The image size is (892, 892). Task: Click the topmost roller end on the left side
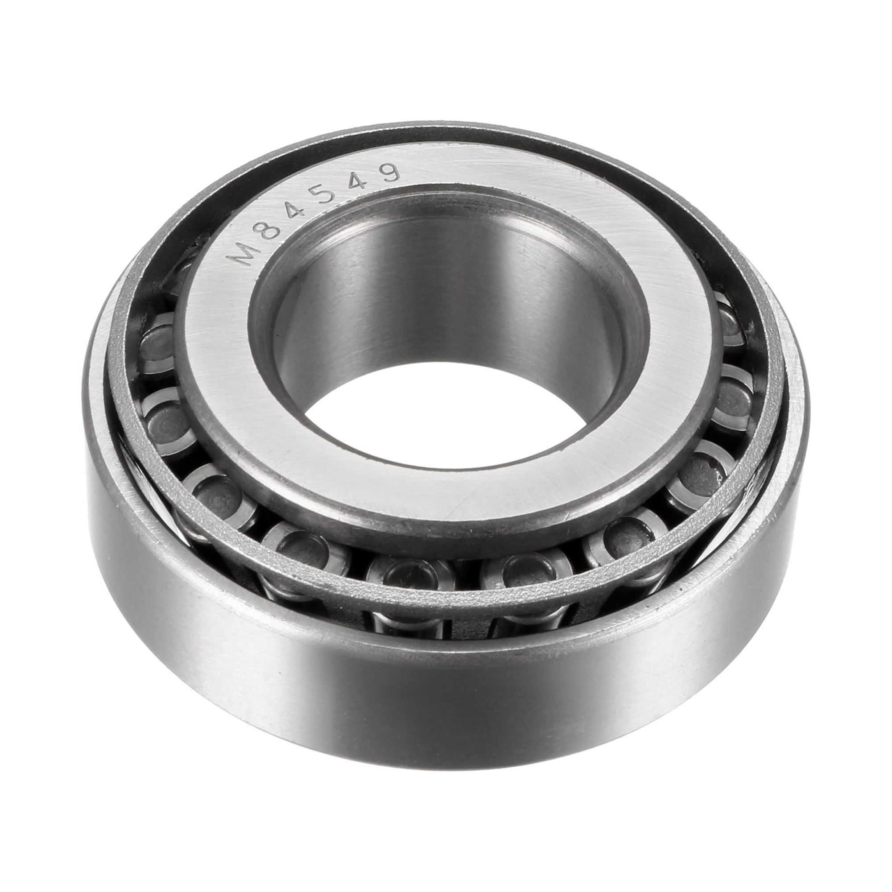(x=159, y=342)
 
